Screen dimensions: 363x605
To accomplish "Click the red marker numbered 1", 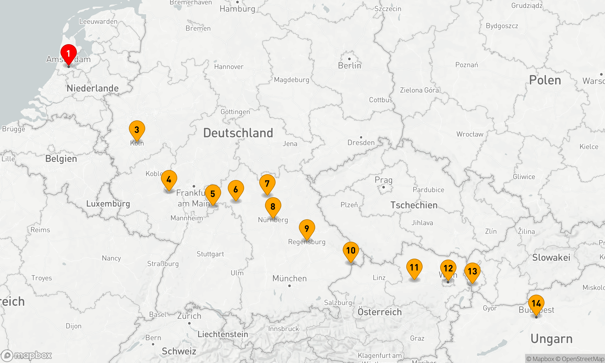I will point(69,54).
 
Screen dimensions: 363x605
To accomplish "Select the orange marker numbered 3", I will point(137,130).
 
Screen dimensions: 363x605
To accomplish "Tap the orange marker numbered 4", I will point(169,180).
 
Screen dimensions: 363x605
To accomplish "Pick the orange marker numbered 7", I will point(267,184).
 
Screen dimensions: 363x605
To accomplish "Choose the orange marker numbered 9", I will point(307,229).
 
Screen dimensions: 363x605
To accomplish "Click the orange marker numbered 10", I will point(351,251).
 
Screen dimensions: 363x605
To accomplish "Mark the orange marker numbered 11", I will point(414,268).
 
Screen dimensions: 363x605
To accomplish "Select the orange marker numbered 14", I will point(536,304).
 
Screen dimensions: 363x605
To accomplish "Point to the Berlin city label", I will point(350,66).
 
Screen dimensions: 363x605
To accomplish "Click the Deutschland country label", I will point(238,133).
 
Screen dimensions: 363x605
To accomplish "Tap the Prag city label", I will point(384,180).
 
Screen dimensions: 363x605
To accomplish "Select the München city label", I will point(289,278).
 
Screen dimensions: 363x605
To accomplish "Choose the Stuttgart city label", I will point(210,254).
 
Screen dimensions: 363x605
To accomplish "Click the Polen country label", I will point(545,80).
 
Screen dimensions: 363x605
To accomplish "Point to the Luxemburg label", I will point(108,204).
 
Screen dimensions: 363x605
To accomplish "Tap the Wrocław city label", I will point(470,134).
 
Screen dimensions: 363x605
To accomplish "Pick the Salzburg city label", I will point(338,302).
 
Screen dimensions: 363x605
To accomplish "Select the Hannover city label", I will point(229,67).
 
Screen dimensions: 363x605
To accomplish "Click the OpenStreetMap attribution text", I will point(583,359).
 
